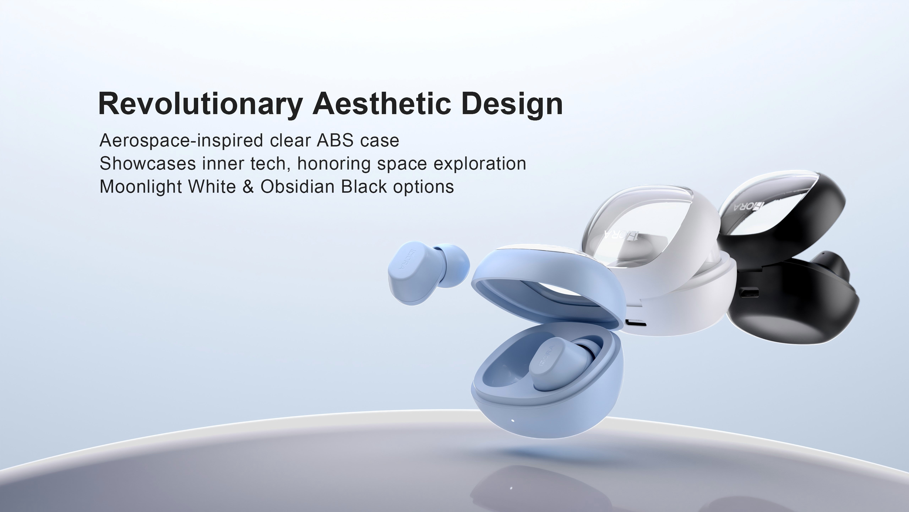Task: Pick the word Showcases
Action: (x=148, y=164)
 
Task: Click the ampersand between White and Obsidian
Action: (x=248, y=186)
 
